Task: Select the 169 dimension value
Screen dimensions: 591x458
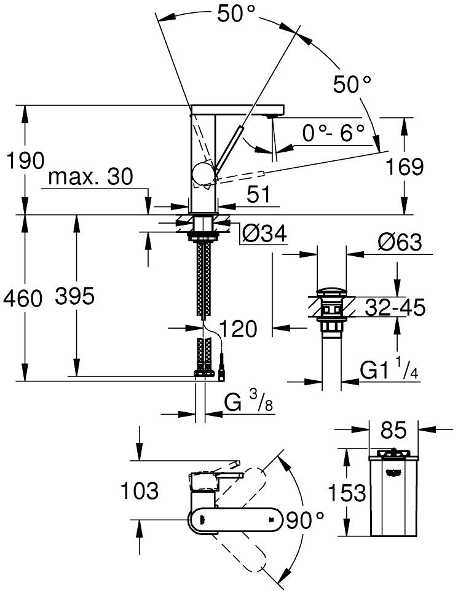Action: tap(405, 166)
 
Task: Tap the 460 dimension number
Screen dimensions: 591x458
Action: tap(23, 299)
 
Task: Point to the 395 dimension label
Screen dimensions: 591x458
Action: tap(74, 297)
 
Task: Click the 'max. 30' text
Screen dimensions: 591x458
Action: tap(90, 178)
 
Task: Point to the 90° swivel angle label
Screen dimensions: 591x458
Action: tap(304, 520)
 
